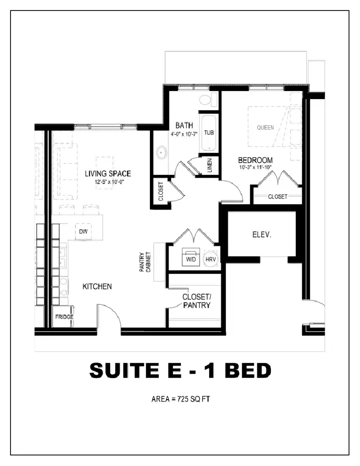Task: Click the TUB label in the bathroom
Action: pos(209,133)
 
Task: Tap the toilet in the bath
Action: pos(208,100)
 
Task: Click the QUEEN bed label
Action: pos(265,128)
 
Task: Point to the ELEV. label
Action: pos(262,235)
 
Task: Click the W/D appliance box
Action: pos(191,257)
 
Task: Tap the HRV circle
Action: pos(211,259)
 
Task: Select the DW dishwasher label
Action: pos(83,231)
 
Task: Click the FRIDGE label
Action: pos(64,317)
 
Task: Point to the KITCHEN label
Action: pos(97,287)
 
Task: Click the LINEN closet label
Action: pos(210,165)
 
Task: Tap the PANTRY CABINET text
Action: pos(145,262)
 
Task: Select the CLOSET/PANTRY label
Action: pos(197,301)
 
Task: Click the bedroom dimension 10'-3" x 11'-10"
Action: pos(255,167)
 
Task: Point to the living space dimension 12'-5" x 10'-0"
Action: pos(108,181)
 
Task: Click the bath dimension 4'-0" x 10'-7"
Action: pos(184,134)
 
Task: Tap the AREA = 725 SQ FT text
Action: pos(181,399)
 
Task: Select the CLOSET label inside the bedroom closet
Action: pos(278,197)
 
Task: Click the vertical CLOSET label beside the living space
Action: pos(161,191)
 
